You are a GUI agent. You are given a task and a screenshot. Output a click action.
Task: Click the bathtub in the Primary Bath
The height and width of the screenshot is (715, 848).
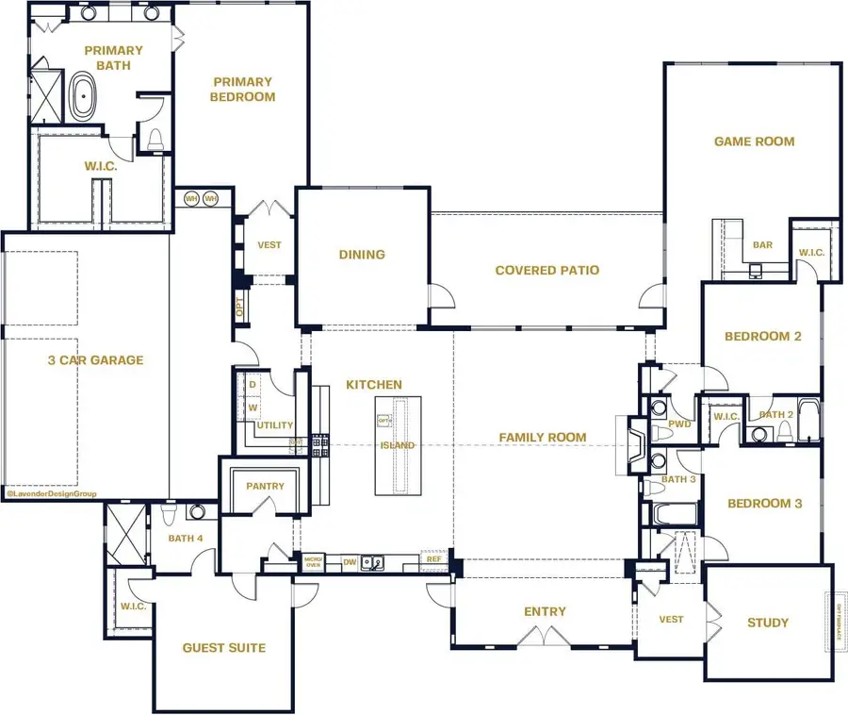[x=83, y=99]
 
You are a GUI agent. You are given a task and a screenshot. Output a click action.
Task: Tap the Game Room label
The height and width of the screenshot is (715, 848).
[x=754, y=141]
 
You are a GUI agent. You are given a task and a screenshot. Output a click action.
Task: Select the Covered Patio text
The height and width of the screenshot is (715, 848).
[x=547, y=271]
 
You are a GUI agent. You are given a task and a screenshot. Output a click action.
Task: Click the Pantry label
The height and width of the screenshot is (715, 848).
[x=265, y=487]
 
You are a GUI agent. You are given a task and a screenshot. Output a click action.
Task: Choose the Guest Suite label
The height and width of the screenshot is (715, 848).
[x=223, y=648]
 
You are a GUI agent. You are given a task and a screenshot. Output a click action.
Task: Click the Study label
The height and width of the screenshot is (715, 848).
[x=768, y=623]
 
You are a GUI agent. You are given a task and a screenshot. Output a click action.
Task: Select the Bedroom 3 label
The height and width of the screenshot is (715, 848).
[x=764, y=504]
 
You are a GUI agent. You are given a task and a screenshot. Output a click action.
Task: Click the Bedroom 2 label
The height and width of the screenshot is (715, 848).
[x=762, y=337]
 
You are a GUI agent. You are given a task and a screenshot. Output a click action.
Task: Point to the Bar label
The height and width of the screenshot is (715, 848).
[x=762, y=245]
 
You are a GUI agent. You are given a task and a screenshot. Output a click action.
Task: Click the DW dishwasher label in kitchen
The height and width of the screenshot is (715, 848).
[x=350, y=563]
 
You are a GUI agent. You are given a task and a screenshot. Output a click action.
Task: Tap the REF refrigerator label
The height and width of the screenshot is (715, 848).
[x=433, y=559]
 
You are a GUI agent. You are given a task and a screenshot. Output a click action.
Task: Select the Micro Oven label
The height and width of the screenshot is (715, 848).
[x=313, y=562]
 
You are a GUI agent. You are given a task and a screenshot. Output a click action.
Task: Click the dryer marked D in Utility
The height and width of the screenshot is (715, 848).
[x=253, y=385]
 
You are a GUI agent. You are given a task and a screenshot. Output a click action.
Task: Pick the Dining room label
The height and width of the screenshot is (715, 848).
[x=362, y=254]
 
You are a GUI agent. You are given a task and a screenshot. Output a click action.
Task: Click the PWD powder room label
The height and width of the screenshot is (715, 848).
[x=680, y=424]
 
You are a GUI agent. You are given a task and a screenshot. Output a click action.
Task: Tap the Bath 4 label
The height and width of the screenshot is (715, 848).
[x=186, y=539]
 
